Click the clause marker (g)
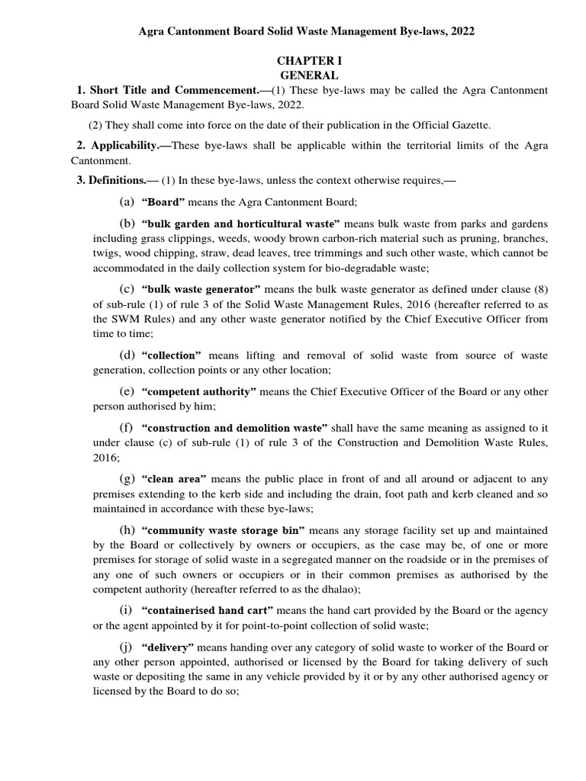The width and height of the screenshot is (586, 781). (x=127, y=479)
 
